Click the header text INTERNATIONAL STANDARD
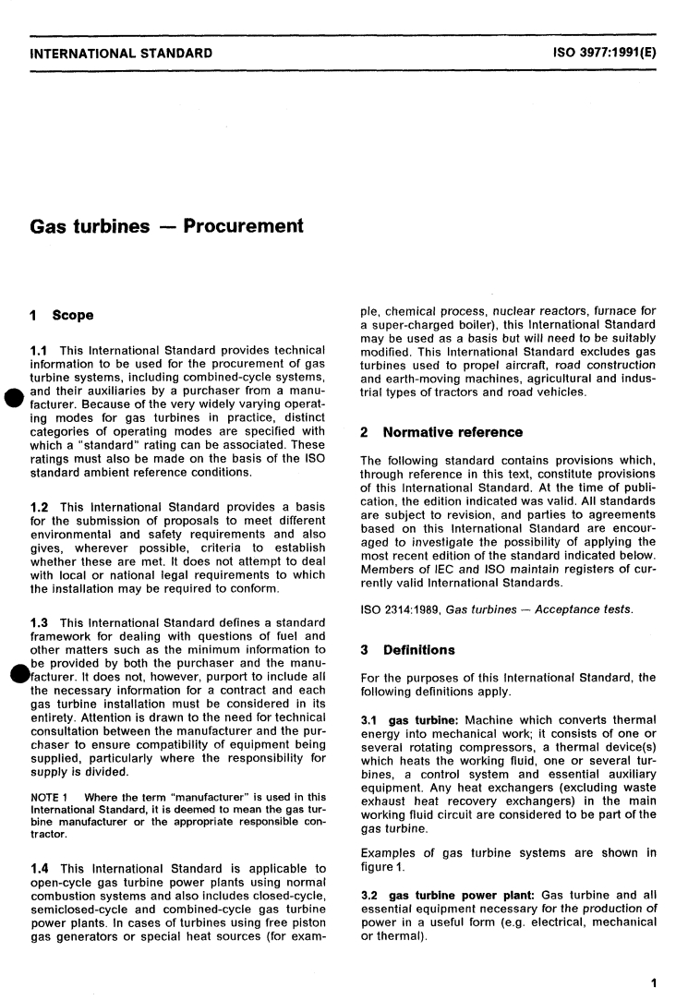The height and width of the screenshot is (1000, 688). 121,53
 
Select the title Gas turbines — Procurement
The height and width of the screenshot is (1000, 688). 167,226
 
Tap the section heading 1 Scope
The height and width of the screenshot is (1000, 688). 62,316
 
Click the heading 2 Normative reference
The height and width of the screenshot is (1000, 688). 441,432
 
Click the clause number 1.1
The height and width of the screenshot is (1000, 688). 42,349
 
